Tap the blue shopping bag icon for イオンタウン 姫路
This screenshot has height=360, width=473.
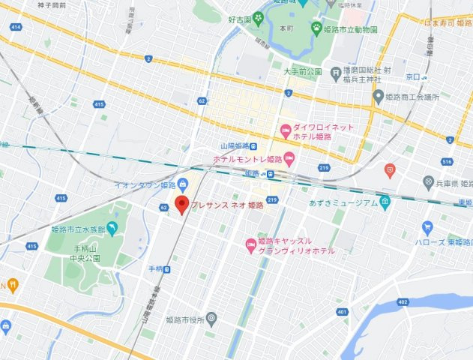tap(183, 184)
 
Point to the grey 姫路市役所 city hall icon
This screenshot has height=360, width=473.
tap(211, 318)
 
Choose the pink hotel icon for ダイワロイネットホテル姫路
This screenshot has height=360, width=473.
tap(285, 132)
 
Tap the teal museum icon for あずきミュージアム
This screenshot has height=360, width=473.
tap(385, 202)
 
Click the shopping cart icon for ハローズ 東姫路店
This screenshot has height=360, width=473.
tap(427, 227)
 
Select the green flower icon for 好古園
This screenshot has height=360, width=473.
tap(258, 16)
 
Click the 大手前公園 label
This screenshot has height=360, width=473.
tap(302, 72)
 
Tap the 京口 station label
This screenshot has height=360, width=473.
tap(411, 77)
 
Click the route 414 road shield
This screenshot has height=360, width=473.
tap(15, 26)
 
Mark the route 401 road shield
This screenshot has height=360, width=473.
tap(342, 290)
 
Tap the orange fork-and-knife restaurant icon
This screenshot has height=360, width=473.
tap(13, 285)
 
